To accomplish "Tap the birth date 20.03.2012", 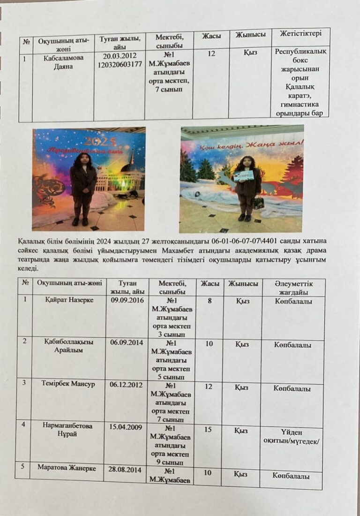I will click(119, 56).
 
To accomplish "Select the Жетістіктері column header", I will click(300, 34).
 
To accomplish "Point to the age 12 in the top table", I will click(211, 54).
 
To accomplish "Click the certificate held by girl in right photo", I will click(244, 176).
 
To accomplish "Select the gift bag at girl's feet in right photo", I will click(258, 203).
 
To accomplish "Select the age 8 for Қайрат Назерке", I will click(210, 301).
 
